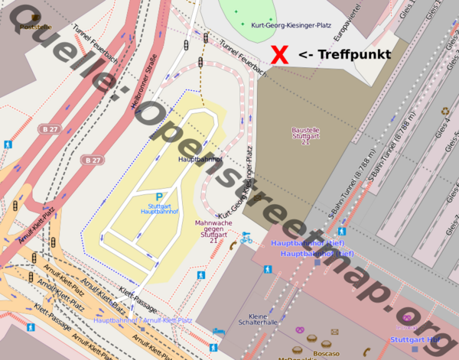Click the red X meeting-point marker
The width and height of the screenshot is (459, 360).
(x=280, y=54)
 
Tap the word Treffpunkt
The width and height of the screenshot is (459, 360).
(x=353, y=55)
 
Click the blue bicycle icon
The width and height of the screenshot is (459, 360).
(x=246, y=238)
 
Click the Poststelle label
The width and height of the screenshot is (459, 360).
(x=35, y=27)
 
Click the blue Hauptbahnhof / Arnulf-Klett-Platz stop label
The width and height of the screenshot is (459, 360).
(x=142, y=320)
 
